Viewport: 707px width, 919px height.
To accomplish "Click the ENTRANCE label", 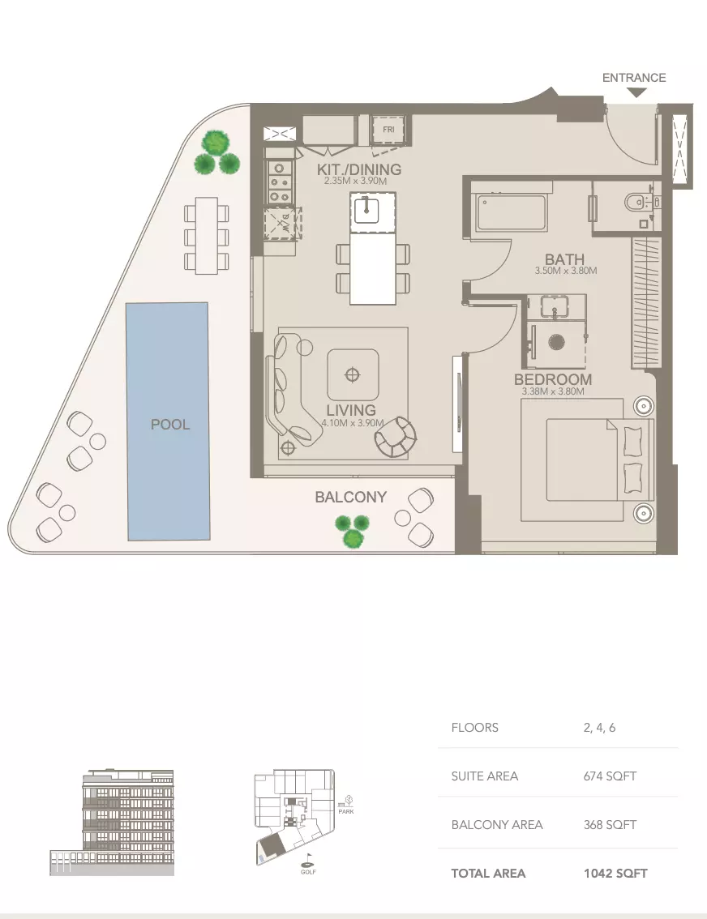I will coord(634,78).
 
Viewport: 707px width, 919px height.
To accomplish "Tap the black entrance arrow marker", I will coord(637,93).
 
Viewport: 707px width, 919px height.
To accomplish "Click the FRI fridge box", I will coord(388,130).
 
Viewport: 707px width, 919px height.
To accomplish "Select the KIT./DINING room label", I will coord(359,169).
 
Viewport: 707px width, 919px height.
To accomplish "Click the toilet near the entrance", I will coord(632,200).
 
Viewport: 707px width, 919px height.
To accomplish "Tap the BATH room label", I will coord(565,260).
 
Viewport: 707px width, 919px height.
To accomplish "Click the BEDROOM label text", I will coord(553,379).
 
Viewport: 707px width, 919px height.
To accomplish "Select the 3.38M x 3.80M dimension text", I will coord(554,392).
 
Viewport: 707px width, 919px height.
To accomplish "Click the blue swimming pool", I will coord(167,421).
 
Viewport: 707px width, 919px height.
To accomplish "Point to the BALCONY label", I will coord(350,497).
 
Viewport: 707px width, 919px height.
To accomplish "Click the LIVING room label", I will coord(351,410).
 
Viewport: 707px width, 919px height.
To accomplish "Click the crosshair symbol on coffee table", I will coord(352,374).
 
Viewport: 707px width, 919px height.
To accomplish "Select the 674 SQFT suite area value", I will coord(610,776).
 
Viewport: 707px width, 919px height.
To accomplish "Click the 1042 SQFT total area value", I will coord(615,874).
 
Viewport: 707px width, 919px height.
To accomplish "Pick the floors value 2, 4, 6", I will coord(599,728).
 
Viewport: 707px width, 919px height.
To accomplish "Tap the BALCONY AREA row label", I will coord(497,825).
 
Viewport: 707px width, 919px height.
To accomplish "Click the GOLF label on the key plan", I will coord(309,872).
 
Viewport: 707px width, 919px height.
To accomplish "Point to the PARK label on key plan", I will coord(346,811).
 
